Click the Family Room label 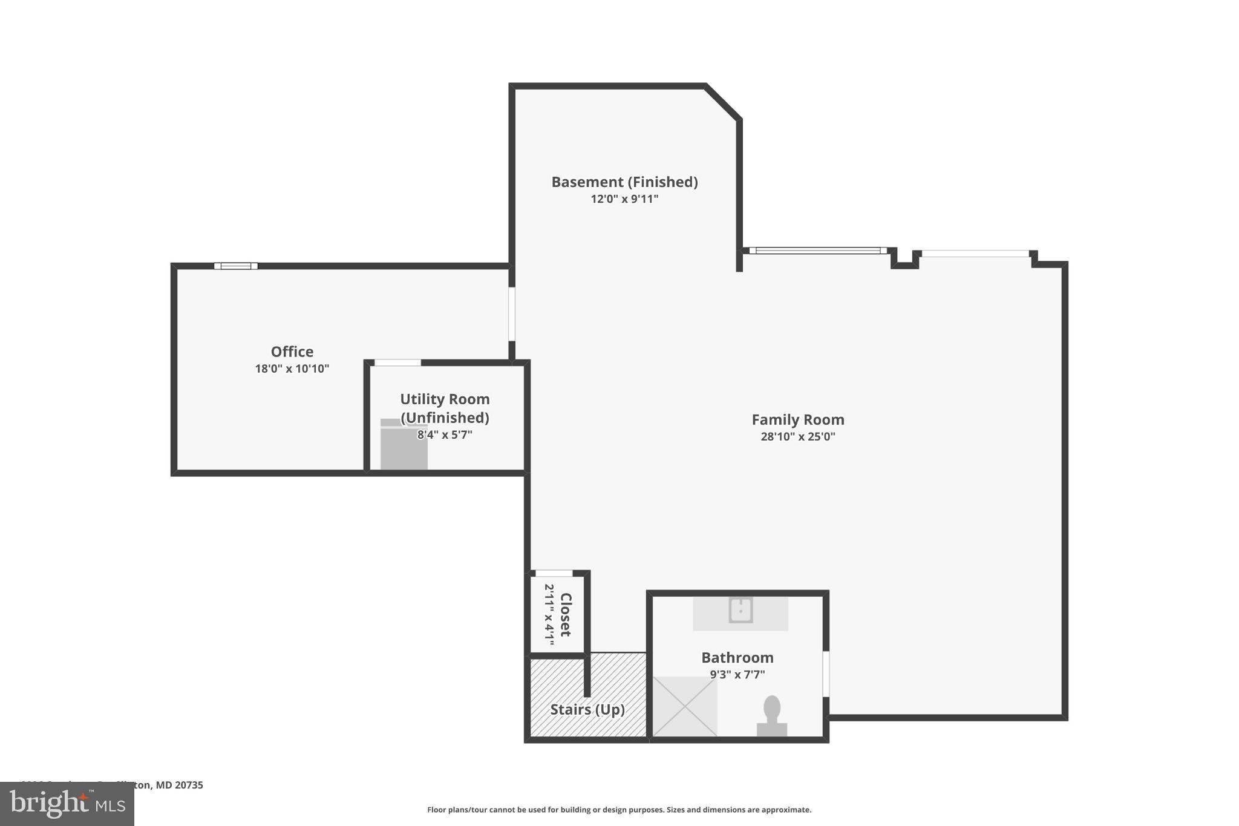coord(797,419)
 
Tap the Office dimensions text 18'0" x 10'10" coord(292,369)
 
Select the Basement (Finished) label coord(624,182)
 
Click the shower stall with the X coord(685,706)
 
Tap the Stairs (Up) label coord(587,709)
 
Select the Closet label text coord(566,614)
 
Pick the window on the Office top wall coord(236,266)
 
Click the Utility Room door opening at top coord(397,362)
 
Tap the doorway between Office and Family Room coord(512,313)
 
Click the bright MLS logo coord(67,804)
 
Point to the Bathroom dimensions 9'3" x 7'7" coord(737,674)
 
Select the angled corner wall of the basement coord(723,102)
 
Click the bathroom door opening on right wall coord(826,674)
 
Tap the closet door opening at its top coord(554,573)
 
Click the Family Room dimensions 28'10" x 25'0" coord(797,436)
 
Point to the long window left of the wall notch coord(818,251)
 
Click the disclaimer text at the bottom coord(619,810)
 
